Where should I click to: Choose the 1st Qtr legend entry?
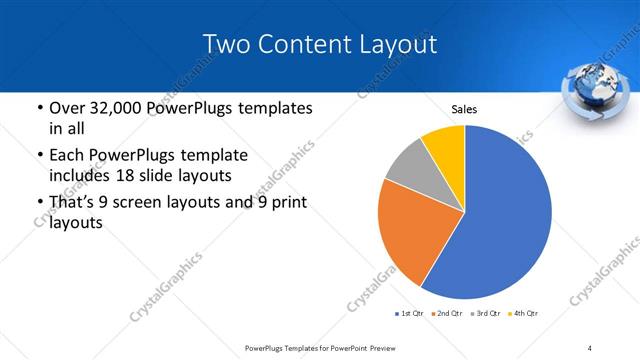coord(409,314)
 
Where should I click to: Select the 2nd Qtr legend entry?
coord(445,314)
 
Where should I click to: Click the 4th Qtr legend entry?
coord(523,314)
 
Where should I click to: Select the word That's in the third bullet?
coord(74,203)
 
